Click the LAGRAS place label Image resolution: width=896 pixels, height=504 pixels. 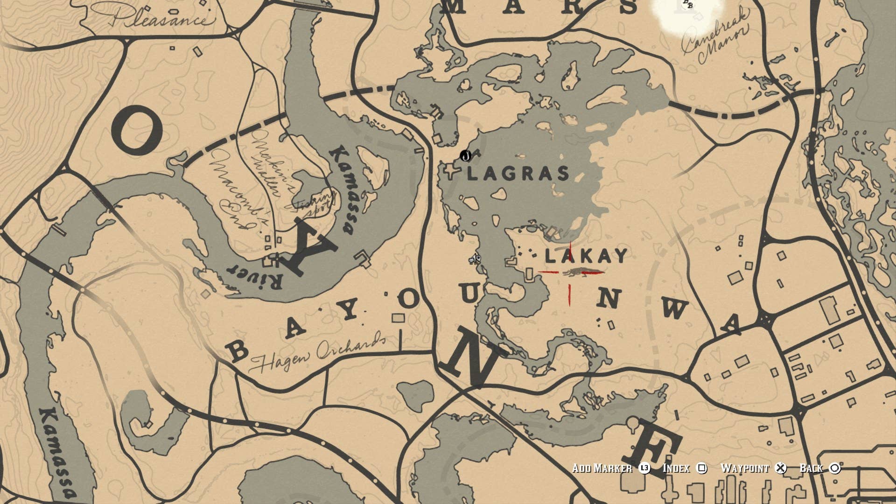point(518,174)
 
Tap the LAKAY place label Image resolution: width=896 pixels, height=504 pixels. point(586,256)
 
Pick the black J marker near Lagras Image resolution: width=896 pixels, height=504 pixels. point(465,156)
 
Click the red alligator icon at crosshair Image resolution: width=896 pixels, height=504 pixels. point(578,272)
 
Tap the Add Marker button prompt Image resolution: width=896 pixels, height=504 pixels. point(602,468)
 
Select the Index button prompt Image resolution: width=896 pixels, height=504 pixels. point(676,468)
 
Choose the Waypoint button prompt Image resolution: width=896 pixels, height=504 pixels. point(744,468)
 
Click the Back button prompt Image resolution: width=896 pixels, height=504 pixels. point(811,468)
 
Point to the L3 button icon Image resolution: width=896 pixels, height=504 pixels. point(644,468)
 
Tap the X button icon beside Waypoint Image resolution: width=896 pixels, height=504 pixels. point(781,468)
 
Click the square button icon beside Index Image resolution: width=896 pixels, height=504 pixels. point(701,468)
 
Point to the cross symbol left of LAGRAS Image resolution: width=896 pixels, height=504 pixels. point(451,171)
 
